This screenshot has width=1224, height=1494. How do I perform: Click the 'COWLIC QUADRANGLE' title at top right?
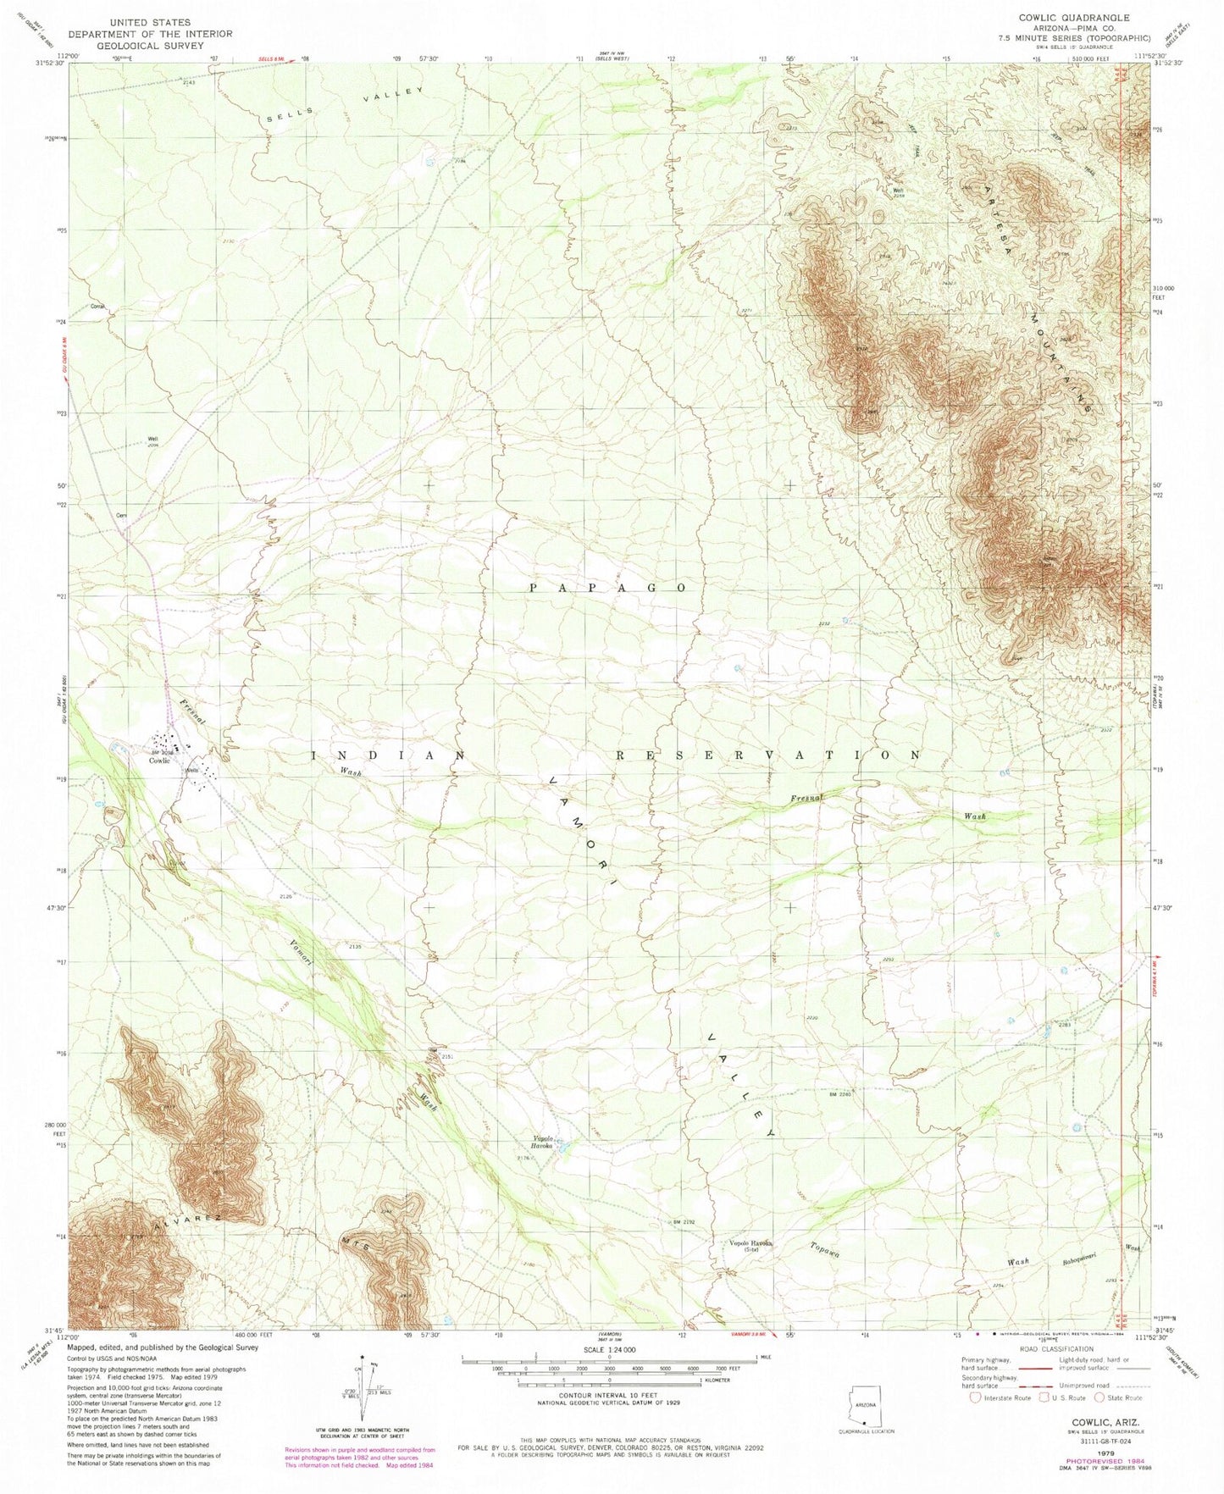pyautogui.click(x=1073, y=18)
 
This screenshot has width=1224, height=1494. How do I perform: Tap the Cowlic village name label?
pyautogui.click(x=160, y=760)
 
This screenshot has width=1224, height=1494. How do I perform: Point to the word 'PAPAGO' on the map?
pyautogui.click(x=608, y=587)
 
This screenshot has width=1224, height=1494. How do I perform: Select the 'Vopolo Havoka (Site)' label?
pyautogui.click(x=745, y=1246)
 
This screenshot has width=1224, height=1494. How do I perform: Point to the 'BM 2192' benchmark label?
pyautogui.click(x=684, y=1222)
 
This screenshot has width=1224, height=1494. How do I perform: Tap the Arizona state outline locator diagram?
pyautogui.click(x=864, y=1403)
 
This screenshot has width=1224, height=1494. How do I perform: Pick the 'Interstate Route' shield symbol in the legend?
pyautogui.click(x=975, y=1397)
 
